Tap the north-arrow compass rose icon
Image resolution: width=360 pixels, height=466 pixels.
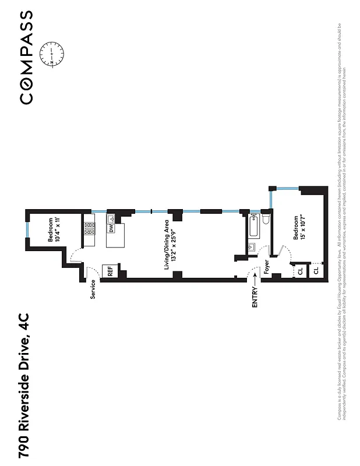(52, 53)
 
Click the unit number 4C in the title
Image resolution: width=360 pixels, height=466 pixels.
(24, 323)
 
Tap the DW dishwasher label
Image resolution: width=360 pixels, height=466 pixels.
(110, 228)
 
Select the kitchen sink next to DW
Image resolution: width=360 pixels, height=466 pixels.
(110, 218)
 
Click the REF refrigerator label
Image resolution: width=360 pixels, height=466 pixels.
(110, 271)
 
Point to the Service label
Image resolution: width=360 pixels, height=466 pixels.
(93, 290)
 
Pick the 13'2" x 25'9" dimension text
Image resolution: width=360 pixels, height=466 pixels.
(174, 245)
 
